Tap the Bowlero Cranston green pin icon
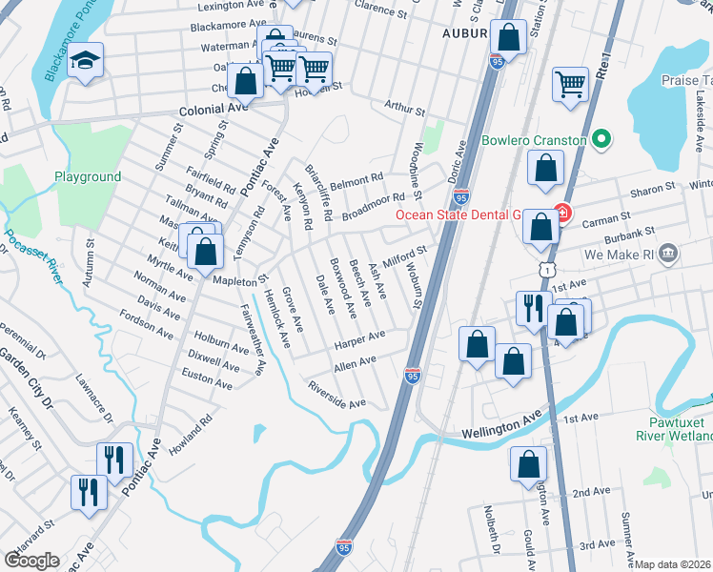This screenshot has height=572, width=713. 601,141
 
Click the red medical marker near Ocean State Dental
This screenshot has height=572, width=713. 562,214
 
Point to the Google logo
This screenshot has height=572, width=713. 31,560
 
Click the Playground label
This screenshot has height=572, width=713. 88,177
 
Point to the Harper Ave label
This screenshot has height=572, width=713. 359,338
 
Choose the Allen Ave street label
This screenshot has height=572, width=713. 355,363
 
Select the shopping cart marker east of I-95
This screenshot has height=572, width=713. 570,83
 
